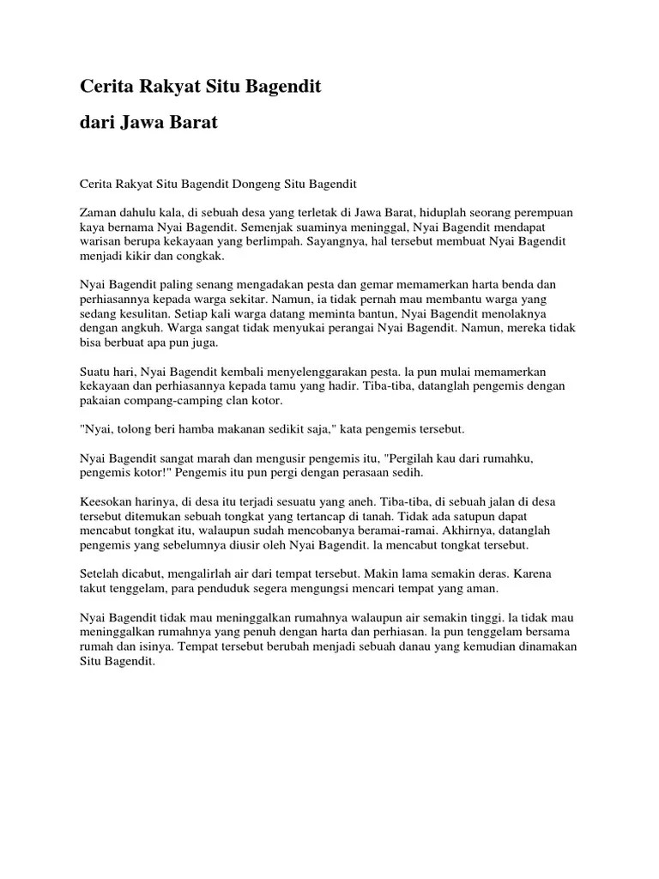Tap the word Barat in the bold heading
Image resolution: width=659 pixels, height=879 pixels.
195,123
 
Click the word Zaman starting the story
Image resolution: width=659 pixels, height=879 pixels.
100,212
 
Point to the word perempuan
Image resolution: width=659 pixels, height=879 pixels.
543,212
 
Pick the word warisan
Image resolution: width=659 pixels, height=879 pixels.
101,242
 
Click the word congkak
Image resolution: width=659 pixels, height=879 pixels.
203,257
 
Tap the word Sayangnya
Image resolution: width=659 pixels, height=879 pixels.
335,242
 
